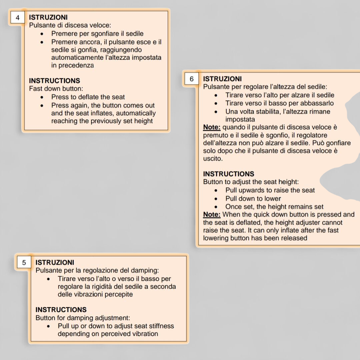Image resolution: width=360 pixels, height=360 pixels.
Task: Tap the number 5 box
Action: click(24, 263)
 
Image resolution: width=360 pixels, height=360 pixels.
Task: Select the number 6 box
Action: click(192, 79)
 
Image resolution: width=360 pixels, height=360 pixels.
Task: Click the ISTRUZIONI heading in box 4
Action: click(48, 17)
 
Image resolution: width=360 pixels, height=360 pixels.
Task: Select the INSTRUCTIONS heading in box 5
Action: click(61, 310)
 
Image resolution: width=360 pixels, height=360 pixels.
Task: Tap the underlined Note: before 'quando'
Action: click(212, 127)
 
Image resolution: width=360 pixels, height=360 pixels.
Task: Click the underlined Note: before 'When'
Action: click(212, 215)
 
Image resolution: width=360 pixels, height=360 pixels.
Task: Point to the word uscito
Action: click(213, 159)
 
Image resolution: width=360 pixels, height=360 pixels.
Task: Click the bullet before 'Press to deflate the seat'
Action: click(42, 97)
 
